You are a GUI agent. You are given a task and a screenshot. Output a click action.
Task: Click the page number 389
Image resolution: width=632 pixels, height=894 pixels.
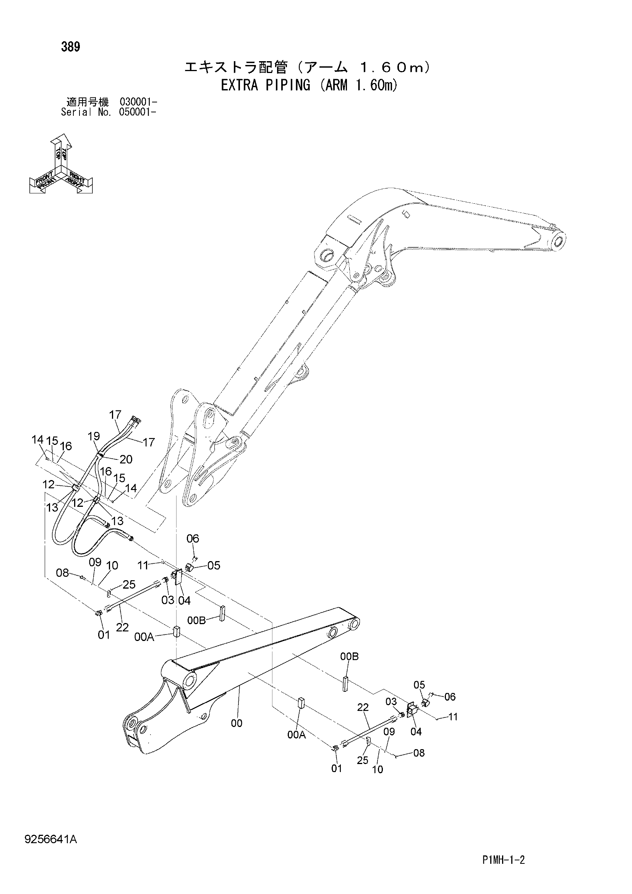(x=70, y=47)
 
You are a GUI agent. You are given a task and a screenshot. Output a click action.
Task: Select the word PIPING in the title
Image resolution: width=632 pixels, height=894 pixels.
(x=288, y=85)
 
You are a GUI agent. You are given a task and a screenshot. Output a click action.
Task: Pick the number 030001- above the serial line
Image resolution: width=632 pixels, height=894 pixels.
(x=139, y=102)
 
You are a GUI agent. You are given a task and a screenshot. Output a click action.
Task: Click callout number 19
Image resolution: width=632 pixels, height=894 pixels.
(x=94, y=436)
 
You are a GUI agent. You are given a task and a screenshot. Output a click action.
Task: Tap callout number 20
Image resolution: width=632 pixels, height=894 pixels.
(x=126, y=459)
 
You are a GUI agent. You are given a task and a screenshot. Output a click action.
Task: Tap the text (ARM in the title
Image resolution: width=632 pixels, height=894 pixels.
(x=334, y=85)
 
